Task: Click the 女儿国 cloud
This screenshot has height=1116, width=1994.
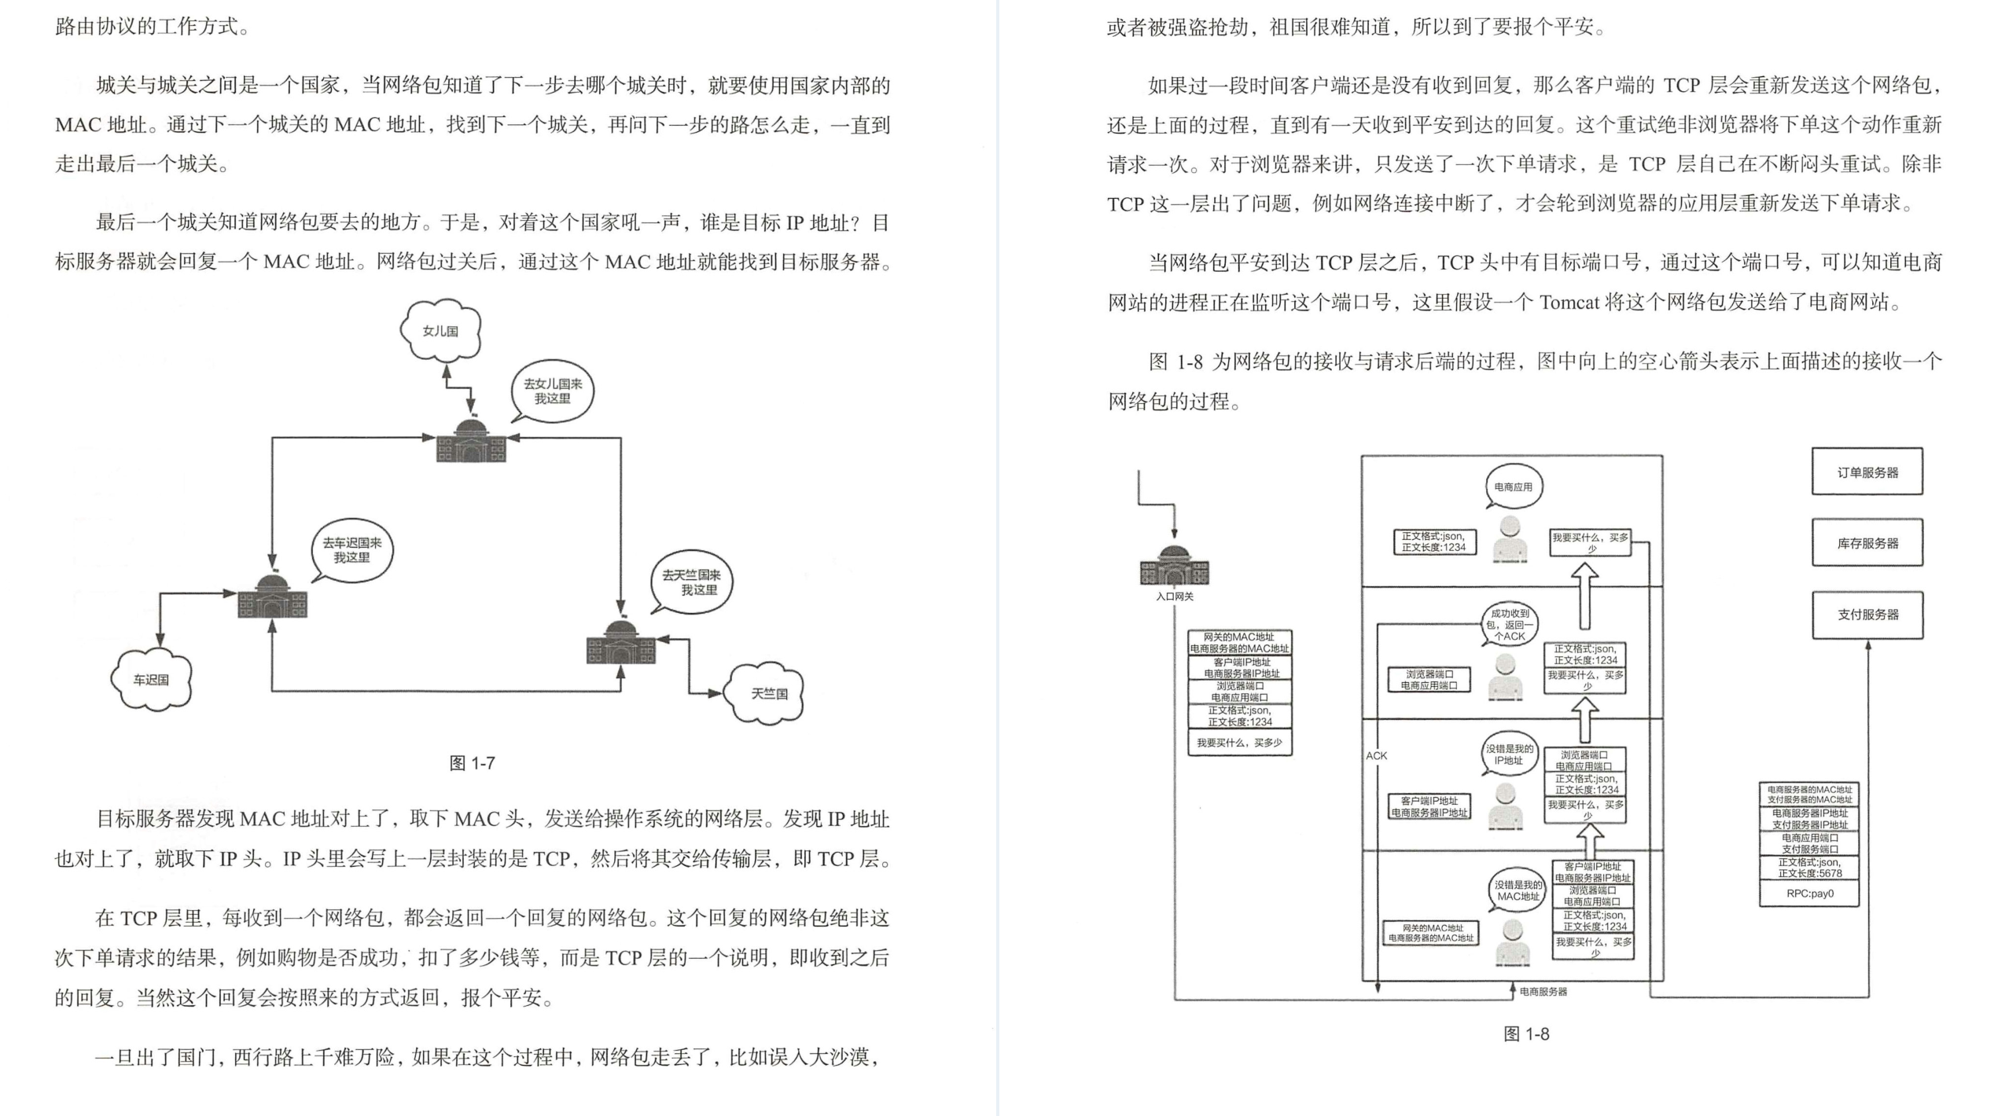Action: point(440,331)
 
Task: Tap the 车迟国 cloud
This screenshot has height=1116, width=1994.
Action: point(151,680)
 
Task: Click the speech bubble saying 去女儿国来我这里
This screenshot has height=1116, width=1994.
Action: point(553,391)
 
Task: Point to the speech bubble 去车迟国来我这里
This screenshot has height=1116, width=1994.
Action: point(351,550)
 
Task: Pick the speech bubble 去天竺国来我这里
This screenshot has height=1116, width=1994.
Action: point(691,582)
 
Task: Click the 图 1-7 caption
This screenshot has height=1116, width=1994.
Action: point(472,762)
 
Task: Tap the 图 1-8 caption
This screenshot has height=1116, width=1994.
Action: point(1525,1033)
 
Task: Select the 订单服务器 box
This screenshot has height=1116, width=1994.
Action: point(1867,472)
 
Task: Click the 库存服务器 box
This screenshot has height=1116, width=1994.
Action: point(1867,543)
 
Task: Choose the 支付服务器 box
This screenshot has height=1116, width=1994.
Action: point(1867,615)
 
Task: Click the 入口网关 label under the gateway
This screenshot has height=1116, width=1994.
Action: point(1174,597)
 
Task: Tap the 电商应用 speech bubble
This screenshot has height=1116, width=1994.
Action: point(1513,487)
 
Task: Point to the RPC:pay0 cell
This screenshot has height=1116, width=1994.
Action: point(1809,894)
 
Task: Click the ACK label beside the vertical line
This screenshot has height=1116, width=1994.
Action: point(1377,755)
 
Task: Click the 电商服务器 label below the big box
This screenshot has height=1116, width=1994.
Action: point(1543,992)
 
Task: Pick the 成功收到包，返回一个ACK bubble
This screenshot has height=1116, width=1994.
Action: point(1509,625)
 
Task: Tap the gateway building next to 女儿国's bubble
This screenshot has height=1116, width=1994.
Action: point(471,441)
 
